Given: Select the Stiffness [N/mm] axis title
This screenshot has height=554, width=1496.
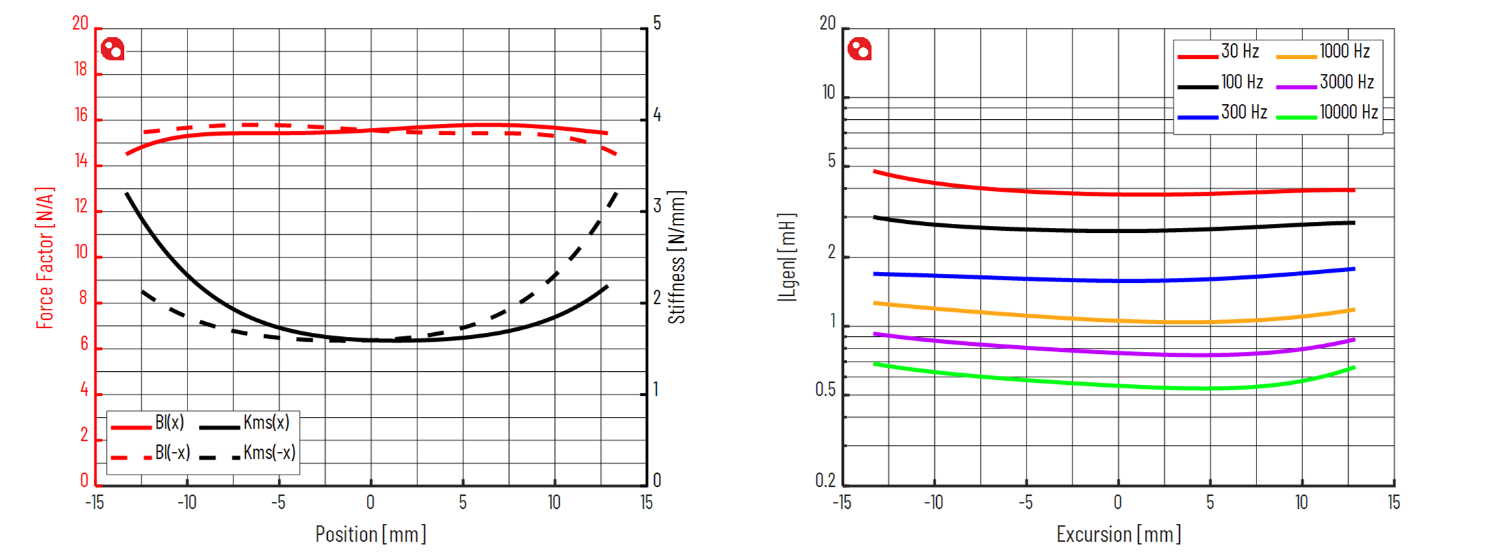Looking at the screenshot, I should pos(676,257).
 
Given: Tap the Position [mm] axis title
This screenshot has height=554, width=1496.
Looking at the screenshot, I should pos(370,534).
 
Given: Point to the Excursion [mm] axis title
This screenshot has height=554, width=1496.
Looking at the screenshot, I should pos(1118,534).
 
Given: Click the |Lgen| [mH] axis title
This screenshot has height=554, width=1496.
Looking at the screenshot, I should pos(787,257).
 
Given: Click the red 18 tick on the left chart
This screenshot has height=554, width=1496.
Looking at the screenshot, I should pos(81,69).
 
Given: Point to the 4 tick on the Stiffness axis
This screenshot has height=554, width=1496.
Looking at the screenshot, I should pos(657,115).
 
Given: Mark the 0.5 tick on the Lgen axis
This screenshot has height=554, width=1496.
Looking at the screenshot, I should pos(825,390).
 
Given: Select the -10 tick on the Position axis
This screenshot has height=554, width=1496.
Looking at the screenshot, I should pos(186,503).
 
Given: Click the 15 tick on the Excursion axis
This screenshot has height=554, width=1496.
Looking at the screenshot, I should pos(1393,503).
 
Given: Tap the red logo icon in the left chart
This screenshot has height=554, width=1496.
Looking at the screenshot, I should pos(112,49).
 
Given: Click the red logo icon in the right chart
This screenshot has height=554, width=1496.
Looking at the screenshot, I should pos(860,49).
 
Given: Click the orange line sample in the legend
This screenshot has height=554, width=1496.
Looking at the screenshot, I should pos(1296,57).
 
